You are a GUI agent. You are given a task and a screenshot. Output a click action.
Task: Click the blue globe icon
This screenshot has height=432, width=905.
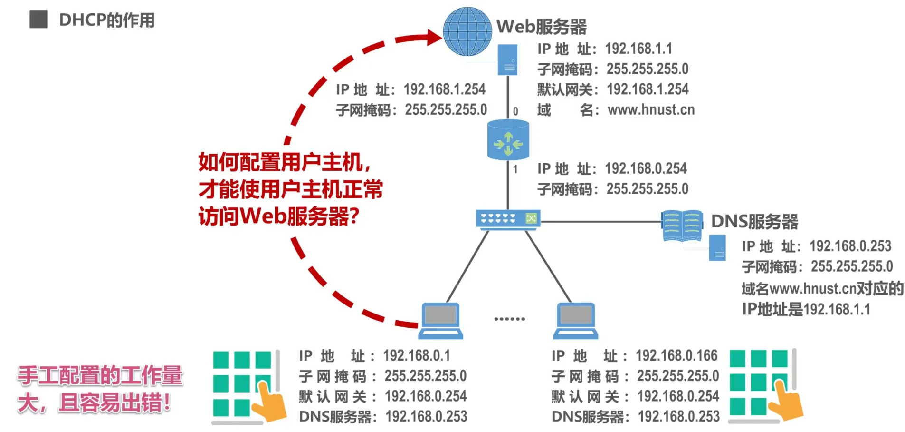467,31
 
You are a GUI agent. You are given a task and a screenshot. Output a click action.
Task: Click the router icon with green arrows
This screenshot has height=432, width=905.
508,140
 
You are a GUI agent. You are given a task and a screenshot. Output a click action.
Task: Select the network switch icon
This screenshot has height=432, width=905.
508,219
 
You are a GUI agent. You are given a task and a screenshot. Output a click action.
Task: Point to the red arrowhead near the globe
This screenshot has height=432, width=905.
434,37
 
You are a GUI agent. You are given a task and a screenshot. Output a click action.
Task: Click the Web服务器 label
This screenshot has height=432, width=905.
541,27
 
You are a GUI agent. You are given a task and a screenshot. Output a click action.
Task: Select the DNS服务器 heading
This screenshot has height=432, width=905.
754,222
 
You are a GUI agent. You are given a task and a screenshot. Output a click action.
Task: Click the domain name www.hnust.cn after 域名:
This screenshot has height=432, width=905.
651,110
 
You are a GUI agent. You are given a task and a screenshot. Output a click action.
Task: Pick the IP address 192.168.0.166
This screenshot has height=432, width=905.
676,355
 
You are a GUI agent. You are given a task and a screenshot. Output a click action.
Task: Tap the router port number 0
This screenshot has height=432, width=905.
515,111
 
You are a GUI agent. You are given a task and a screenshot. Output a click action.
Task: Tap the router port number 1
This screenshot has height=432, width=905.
515,169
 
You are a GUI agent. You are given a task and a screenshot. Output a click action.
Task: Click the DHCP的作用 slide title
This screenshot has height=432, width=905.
107,20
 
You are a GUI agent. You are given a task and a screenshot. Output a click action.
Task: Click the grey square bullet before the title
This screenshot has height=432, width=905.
38,20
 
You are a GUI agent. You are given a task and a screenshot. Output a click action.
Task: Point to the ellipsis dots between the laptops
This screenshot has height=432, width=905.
509,319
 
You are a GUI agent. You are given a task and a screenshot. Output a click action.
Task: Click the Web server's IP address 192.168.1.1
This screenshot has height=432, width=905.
638,49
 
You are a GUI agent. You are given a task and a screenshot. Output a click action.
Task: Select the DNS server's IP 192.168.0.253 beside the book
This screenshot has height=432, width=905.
850,246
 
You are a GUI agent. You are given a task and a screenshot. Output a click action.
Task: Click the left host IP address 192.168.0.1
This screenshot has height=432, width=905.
416,355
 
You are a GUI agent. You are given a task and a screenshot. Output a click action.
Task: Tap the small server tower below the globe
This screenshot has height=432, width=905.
507,60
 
